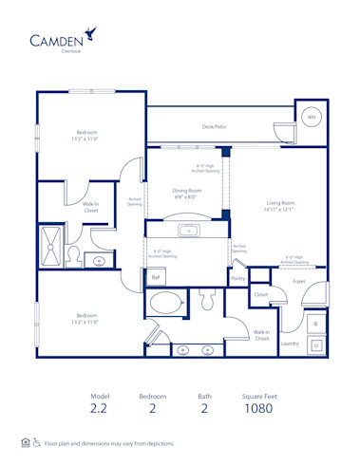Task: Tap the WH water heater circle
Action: point(310,117)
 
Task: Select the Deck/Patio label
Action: point(214,126)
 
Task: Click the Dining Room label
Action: point(186,191)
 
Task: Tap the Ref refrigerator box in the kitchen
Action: point(155,277)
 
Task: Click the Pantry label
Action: point(238,278)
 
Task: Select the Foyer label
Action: point(298,281)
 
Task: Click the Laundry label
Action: point(290,343)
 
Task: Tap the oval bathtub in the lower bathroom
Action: point(169,305)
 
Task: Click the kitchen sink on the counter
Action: point(188,230)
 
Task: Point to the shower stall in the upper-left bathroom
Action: point(49,244)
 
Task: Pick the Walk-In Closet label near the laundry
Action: point(260,335)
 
